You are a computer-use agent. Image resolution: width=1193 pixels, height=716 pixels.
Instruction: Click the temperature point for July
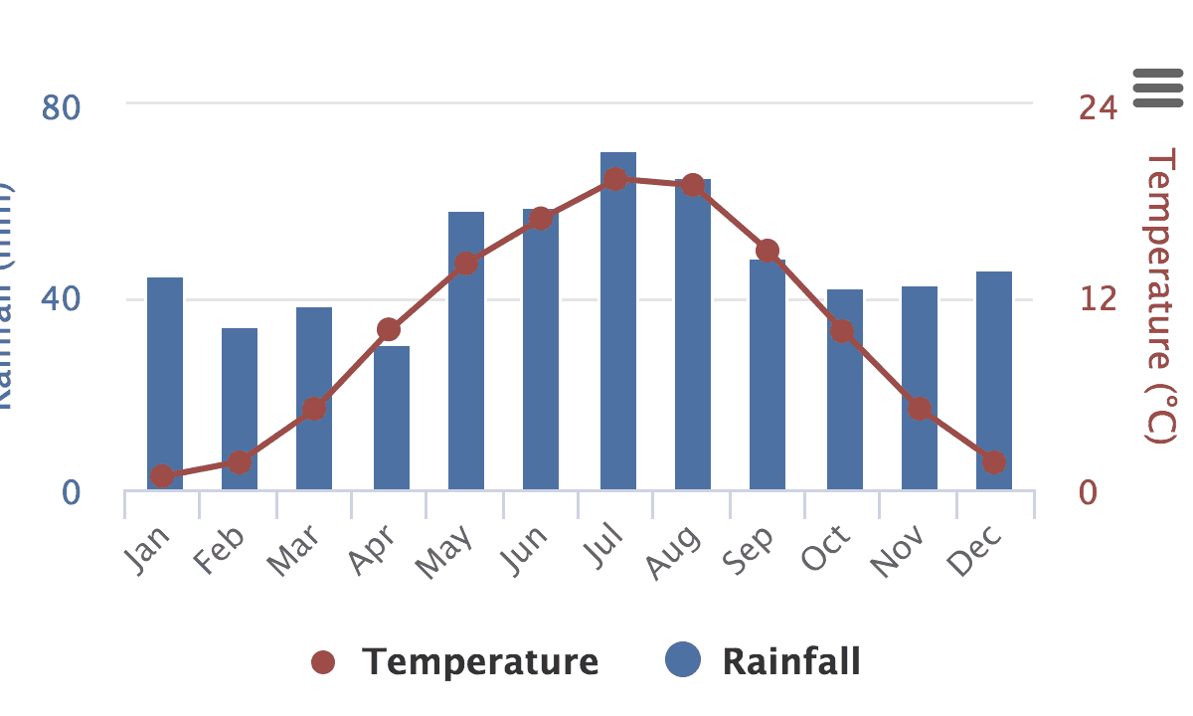pyautogui.click(x=615, y=179)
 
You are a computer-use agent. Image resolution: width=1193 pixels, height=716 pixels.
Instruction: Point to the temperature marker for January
pyautogui.click(x=162, y=476)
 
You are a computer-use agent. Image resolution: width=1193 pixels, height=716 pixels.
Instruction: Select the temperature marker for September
pyautogui.click(x=767, y=251)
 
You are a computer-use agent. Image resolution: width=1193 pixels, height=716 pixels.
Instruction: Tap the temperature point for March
pyautogui.click(x=314, y=409)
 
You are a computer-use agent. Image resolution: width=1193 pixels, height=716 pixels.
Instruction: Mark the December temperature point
pyautogui.click(x=994, y=462)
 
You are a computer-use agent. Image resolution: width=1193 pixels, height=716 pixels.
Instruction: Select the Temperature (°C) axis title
pyautogui.click(x=1161, y=296)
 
